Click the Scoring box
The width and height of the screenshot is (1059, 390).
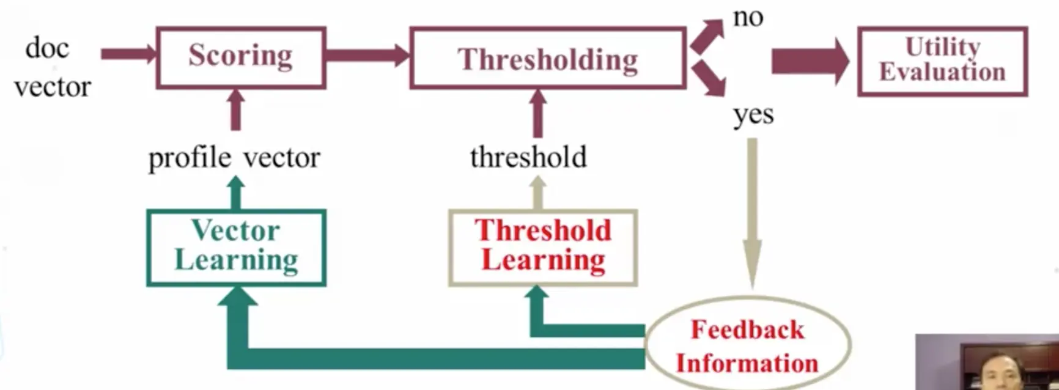[x=241, y=57]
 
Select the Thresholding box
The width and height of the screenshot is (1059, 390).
[x=548, y=59]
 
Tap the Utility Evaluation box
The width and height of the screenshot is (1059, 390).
[x=942, y=61]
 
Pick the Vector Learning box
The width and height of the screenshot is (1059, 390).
[x=236, y=247]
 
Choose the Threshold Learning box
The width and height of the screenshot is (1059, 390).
[x=543, y=247]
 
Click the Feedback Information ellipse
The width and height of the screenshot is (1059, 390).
[x=747, y=346]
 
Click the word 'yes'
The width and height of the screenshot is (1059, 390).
[x=753, y=114]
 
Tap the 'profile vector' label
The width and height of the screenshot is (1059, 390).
[x=234, y=158]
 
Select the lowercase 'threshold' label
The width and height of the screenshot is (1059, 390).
[x=528, y=157]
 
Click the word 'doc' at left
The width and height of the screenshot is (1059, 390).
[x=47, y=48]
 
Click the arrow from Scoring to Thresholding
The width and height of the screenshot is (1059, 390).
[x=367, y=55]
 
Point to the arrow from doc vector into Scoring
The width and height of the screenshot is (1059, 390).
[x=128, y=54]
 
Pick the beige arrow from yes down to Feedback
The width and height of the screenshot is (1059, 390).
[x=752, y=214]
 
